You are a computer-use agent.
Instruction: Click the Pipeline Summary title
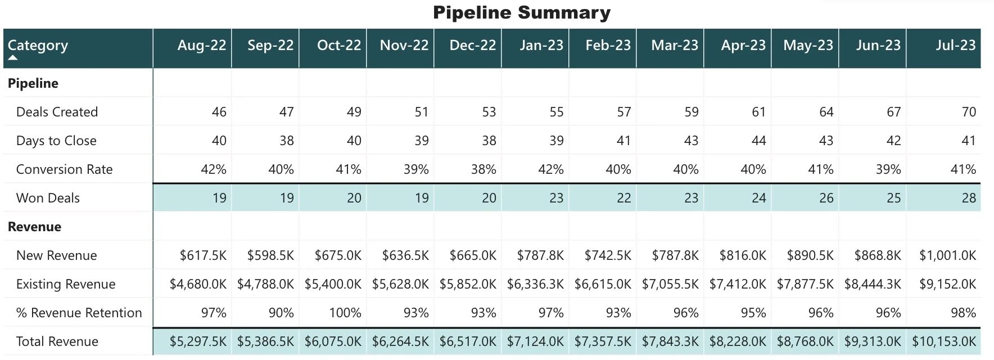pos(521,12)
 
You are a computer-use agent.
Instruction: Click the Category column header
pos(38,45)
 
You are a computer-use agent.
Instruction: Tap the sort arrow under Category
pos(13,57)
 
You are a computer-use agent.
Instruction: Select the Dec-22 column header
pos(472,45)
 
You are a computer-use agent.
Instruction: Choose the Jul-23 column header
pos(955,45)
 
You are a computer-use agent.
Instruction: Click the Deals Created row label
pos(57,112)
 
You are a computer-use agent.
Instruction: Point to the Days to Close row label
pos(56,141)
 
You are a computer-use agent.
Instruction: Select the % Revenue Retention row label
pos(79,313)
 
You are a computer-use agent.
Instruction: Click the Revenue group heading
pos(34,227)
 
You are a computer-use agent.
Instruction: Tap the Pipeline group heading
pos(33,83)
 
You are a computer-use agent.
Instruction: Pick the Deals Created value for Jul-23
pos(968,112)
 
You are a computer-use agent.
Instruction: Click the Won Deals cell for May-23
pos(825,198)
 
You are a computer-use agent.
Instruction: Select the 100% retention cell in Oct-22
pos(345,313)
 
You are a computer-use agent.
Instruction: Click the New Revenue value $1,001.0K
pos(947,255)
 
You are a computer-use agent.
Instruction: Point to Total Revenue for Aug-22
pos(198,341)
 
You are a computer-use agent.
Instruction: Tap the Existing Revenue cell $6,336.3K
pos(535,284)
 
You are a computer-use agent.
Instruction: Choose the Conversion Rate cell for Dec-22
pos(483,169)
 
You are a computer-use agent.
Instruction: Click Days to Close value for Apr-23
pos(758,141)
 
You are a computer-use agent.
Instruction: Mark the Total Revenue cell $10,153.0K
pos(943,341)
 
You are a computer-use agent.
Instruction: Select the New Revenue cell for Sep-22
pos(270,255)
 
